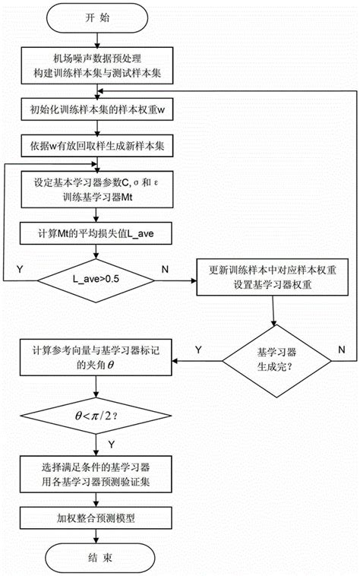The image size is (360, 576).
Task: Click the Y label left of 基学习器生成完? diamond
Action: pos(198,349)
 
